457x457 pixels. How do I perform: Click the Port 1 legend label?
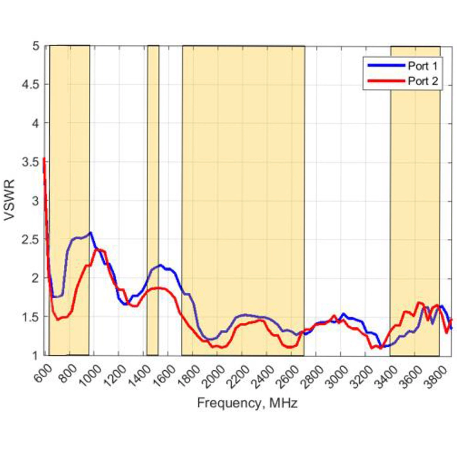(423, 66)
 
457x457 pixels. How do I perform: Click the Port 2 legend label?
(423, 81)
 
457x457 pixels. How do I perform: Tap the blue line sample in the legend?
(386, 65)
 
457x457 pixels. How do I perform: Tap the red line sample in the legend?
(386, 81)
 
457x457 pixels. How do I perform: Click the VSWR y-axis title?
(10, 200)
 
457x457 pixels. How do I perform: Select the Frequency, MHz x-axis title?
(247, 403)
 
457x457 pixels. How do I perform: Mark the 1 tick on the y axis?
(36, 355)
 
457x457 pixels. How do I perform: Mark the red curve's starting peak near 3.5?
(44, 159)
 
